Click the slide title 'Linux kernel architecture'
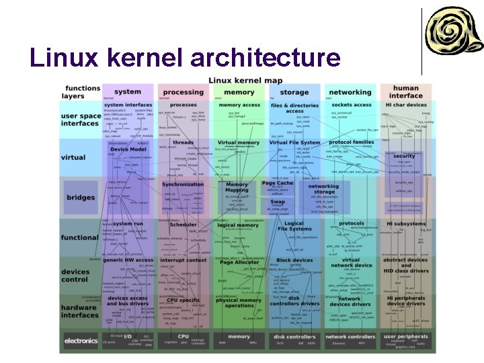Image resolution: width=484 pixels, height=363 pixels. pyautogui.click(x=185, y=58)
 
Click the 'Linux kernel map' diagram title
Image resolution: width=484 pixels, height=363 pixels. pyautogui.click(x=245, y=81)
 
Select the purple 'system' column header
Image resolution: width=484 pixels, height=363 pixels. pyautogui.click(x=128, y=92)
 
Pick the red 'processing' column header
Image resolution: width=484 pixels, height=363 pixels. pyautogui.click(x=183, y=92)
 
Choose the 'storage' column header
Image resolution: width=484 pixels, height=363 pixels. pyautogui.click(x=294, y=92)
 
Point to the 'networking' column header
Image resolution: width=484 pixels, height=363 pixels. pyautogui.click(x=350, y=92)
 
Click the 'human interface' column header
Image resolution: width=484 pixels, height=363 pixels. pyautogui.click(x=405, y=92)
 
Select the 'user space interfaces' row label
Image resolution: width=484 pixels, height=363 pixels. pyautogui.click(x=81, y=120)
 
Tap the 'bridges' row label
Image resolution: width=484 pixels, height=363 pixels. pyautogui.click(x=81, y=198)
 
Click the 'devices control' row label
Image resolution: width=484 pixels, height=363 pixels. pyautogui.click(x=76, y=276)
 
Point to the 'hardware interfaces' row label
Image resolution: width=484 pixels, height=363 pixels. pyautogui.click(x=80, y=311)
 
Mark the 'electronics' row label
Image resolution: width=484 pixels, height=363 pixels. pyautogui.click(x=81, y=341)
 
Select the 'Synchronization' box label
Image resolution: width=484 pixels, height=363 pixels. pyautogui.click(x=183, y=184)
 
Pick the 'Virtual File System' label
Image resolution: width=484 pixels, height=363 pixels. pyautogui.click(x=294, y=143)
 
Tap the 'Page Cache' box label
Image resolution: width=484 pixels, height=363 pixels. pyautogui.click(x=278, y=183)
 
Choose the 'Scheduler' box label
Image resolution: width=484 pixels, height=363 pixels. pyautogui.click(x=183, y=225)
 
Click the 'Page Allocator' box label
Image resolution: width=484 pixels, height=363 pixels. pyautogui.click(x=239, y=263)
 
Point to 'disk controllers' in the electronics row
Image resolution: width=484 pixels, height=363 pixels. pyautogui.click(x=294, y=336)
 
